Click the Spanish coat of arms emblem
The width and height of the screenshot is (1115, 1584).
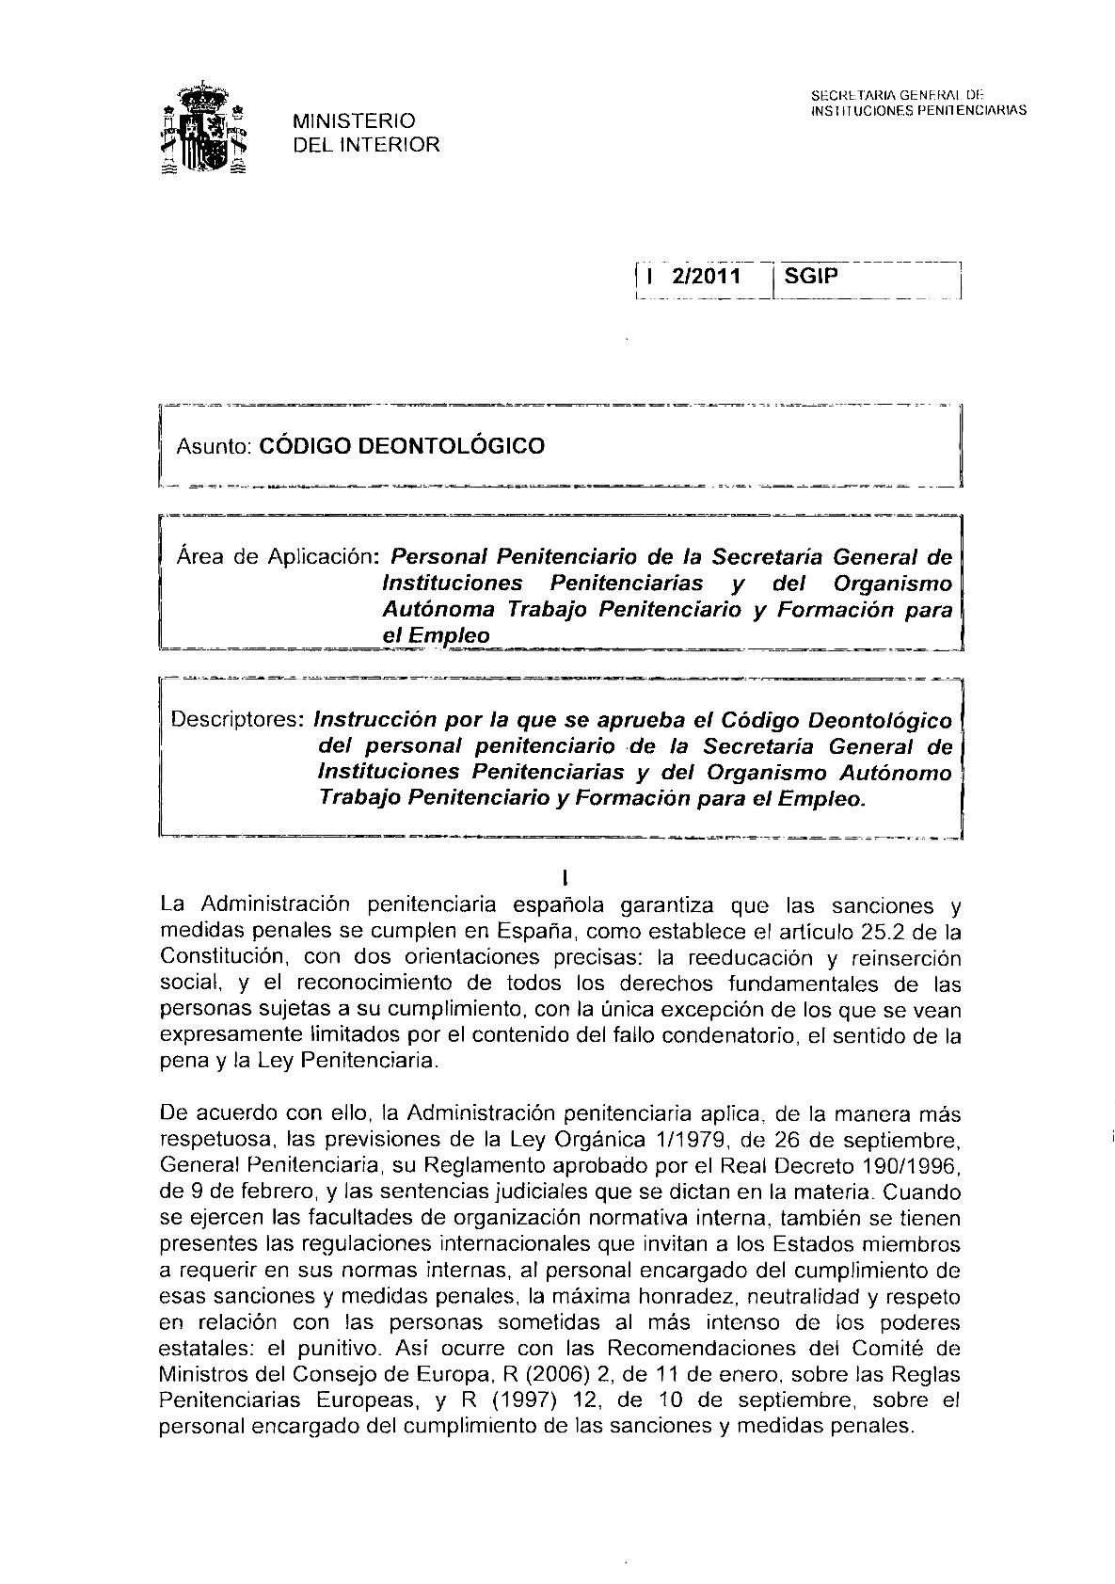click(x=204, y=131)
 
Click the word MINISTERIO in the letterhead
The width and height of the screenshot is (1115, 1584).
click(x=354, y=121)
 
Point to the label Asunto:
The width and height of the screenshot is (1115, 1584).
click(x=207, y=446)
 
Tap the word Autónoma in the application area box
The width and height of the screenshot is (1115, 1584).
click(x=438, y=609)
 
